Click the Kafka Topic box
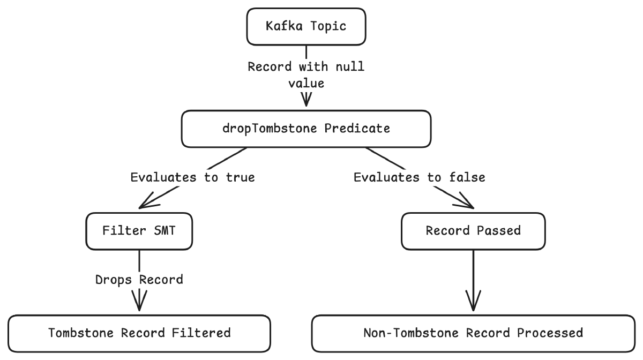coord(306,26)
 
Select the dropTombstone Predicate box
coord(306,129)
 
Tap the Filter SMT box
coord(139,231)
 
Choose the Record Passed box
coord(473,231)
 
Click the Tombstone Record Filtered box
coord(139,334)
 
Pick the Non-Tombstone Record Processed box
coord(473,334)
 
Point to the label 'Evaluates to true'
coord(192,177)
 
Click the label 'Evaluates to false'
coord(420,177)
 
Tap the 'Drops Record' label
coord(139,280)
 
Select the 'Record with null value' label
coord(306,75)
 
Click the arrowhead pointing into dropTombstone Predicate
coord(306,100)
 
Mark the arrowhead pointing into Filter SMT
coord(148,201)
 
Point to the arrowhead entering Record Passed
coord(464,201)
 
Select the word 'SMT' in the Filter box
coord(165,231)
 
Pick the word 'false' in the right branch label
coord(467,177)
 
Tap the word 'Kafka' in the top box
coord(284,26)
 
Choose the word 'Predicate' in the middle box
coord(357,129)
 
